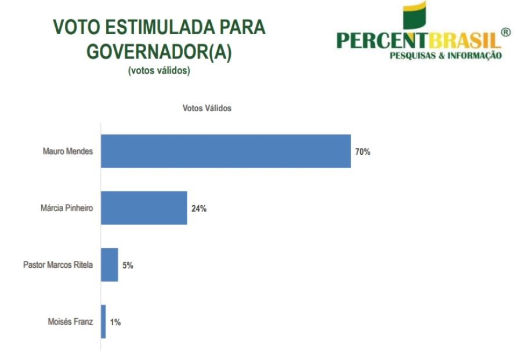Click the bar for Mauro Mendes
(226, 151)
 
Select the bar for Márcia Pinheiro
(144, 208)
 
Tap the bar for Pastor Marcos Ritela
(110, 265)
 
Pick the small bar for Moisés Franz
(103, 322)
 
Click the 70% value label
(363, 152)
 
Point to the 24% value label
(199, 209)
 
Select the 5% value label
(128, 266)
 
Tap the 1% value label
(115, 322)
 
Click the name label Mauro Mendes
(68, 152)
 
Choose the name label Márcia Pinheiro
(66, 209)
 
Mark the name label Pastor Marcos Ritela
(58, 266)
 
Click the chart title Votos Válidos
(207, 108)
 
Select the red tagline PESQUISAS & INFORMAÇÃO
(446, 56)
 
